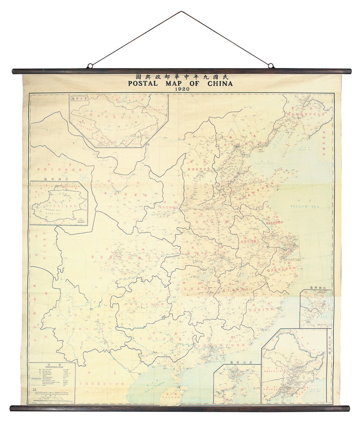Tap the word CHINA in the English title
pyautogui.click(x=219, y=83)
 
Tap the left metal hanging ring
pyautogui.click(x=89, y=66)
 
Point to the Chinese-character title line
pyautogui.click(x=180, y=76)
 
